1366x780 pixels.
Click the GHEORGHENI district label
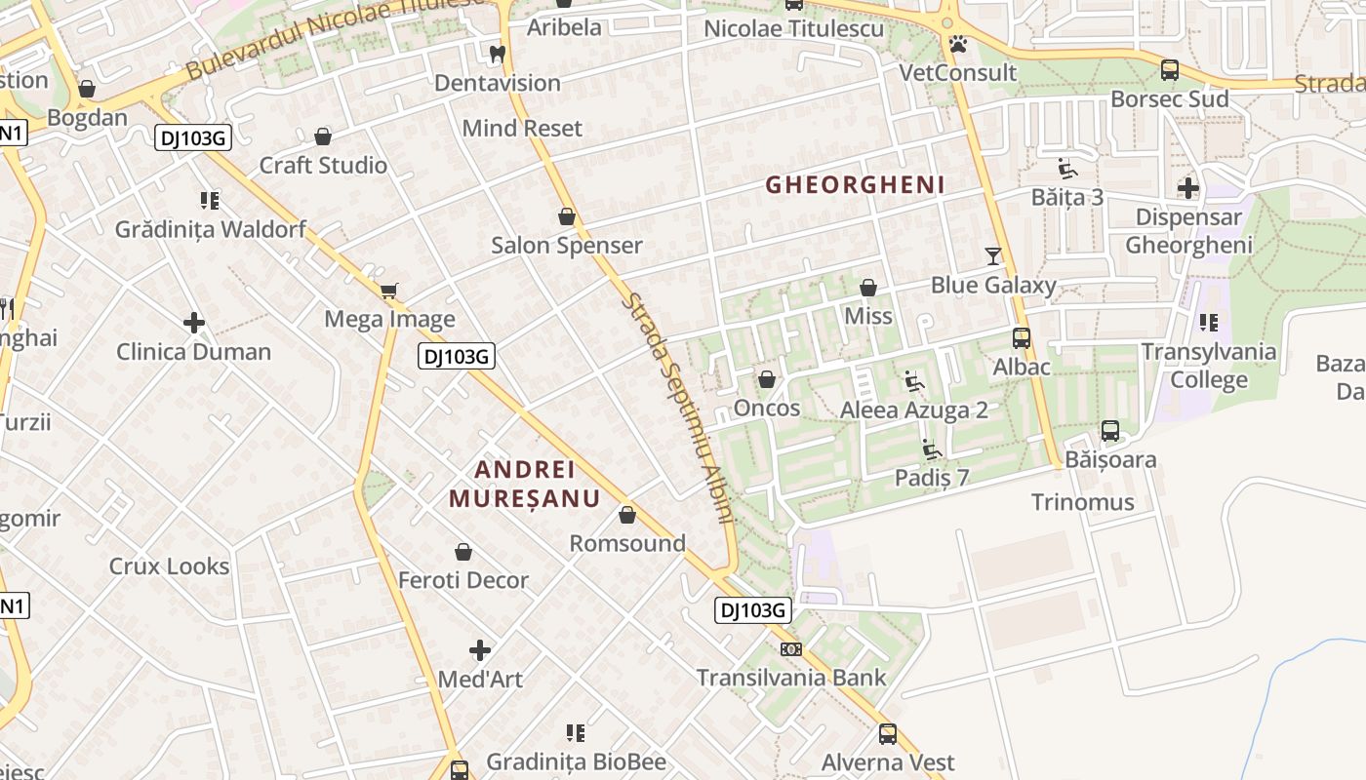pos(855,184)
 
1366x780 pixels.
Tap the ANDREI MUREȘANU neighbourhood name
pos(524,484)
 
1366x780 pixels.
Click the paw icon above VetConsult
pos(958,44)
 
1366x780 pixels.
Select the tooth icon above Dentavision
pos(498,54)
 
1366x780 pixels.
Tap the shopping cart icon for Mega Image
pos(389,290)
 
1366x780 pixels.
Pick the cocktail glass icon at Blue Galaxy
pos(993,255)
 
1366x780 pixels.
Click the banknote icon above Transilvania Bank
pos(791,648)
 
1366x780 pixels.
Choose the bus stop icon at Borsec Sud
pos(1169,70)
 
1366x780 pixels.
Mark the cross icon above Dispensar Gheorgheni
pos(1188,187)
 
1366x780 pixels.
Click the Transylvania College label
pos(1209,366)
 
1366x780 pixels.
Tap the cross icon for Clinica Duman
pos(194,323)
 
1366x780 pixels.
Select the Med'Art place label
pos(480,679)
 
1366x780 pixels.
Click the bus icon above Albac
pos(1022,338)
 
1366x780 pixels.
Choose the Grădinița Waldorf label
pos(211,230)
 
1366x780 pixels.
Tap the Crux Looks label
pos(169,566)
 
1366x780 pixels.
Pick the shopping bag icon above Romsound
pos(627,514)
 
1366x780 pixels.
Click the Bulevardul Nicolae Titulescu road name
pos(337,37)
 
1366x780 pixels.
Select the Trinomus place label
pos(1083,502)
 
